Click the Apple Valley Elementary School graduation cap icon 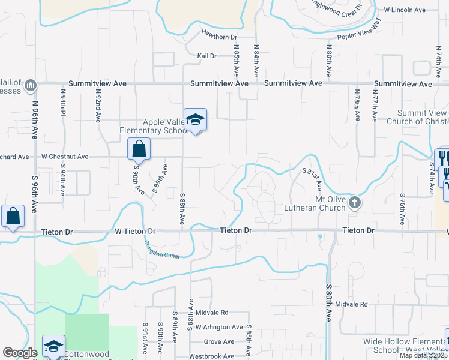196,120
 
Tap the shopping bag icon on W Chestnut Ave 139,148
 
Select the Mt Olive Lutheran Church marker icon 355,202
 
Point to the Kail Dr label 206,56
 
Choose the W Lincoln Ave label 405,10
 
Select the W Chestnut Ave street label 65,157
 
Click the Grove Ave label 214,341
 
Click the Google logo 20,353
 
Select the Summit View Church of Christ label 422,117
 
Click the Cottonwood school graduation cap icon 53,346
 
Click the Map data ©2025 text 424,355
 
